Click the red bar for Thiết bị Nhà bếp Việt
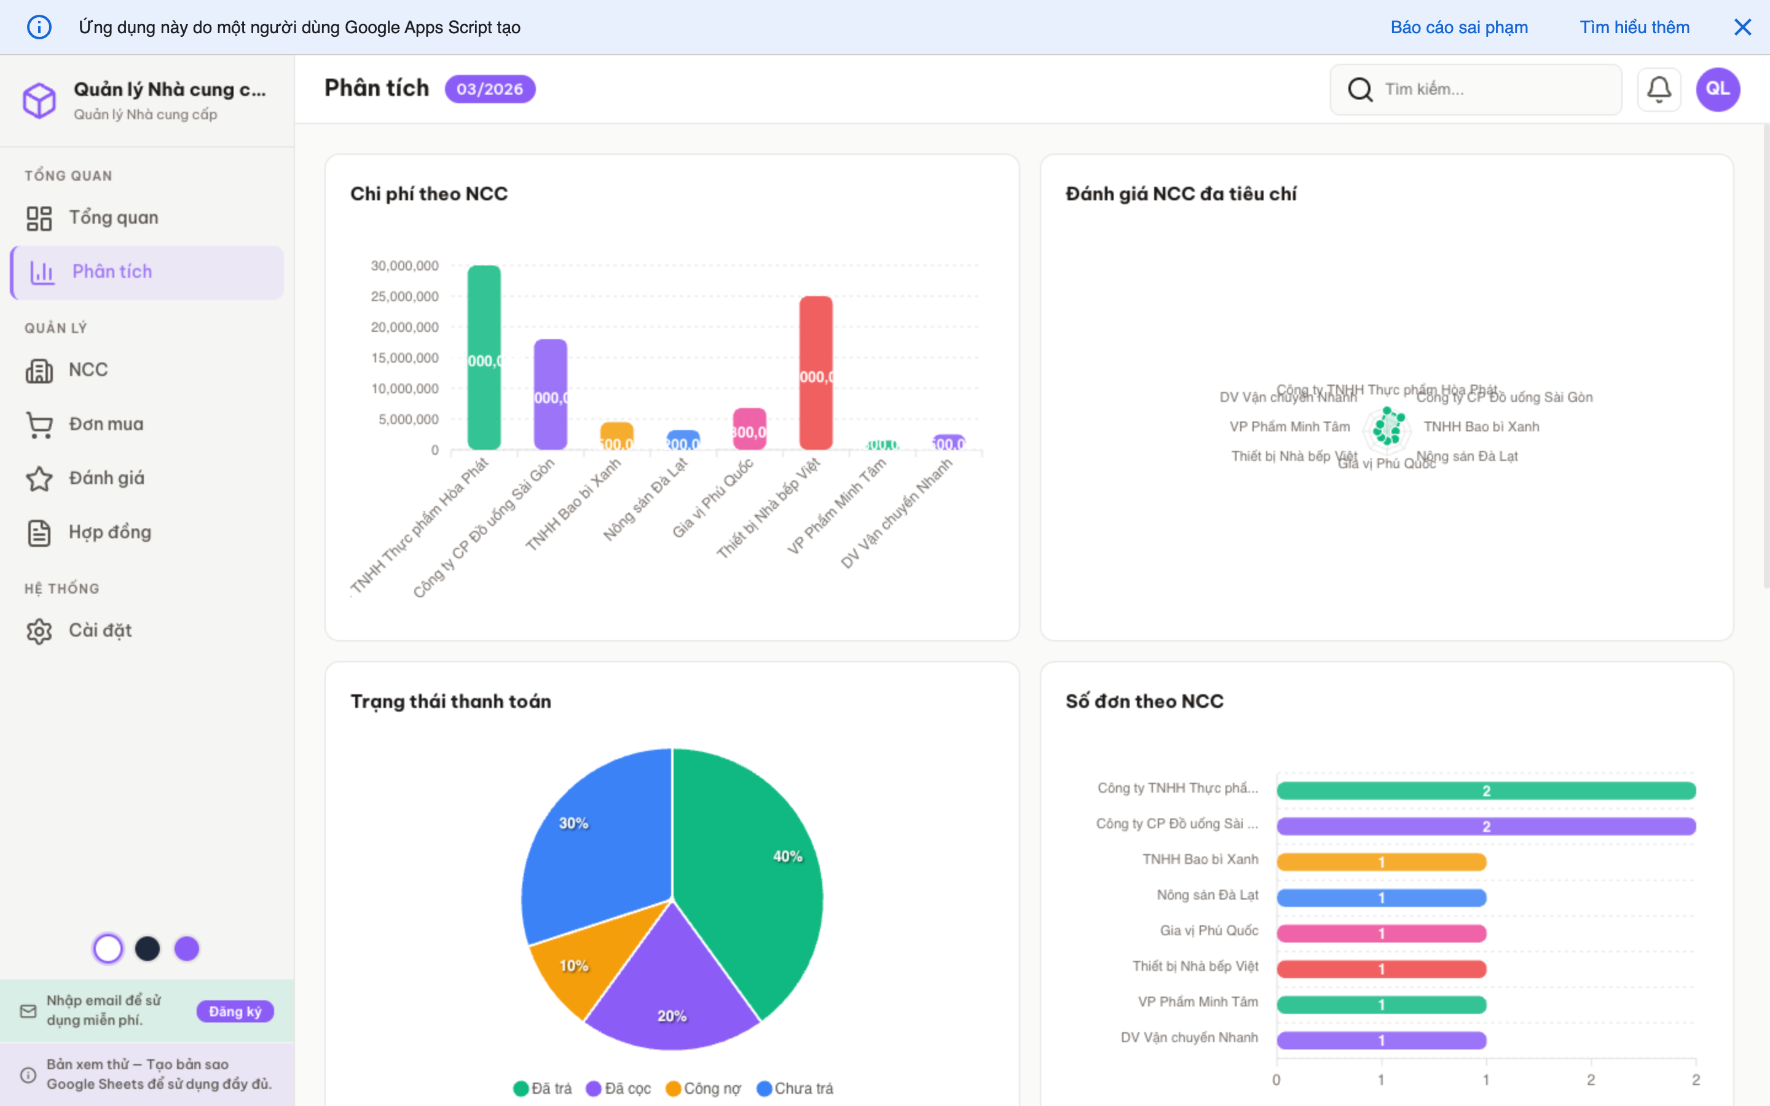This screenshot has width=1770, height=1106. click(816, 372)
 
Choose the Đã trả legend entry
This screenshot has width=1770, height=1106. click(543, 1088)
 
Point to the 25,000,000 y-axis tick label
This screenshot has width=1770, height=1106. click(404, 296)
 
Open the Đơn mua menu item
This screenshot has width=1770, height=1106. click(106, 424)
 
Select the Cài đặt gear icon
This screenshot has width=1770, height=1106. click(39, 630)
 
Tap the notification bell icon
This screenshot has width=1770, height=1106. click(1659, 89)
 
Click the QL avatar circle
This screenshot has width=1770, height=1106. click(1717, 89)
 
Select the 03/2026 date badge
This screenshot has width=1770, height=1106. click(490, 89)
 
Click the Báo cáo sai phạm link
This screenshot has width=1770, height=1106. click(1459, 27)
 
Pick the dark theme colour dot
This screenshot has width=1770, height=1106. click(147, 949)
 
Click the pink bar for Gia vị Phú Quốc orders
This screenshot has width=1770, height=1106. click(1381, 933)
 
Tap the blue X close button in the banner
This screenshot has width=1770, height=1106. click(1743, 27)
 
